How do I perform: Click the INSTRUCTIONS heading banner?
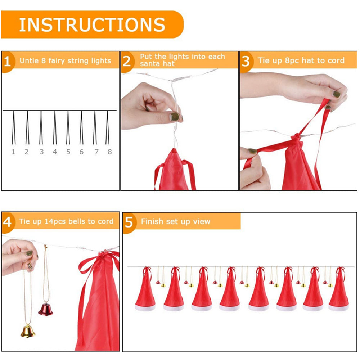[x=92, y=24]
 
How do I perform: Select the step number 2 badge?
[x=127, y=61]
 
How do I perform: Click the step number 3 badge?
[x=246, y=61]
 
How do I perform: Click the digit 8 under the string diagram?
[x=109, y=152]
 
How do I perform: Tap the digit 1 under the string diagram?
[x=13, y=152]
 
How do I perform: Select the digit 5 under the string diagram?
[x=68, y=152]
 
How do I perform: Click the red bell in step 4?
[x=45, y=309]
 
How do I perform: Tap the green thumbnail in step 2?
[x=175, y=117]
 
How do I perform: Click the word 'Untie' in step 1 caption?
[x=28, y=60]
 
